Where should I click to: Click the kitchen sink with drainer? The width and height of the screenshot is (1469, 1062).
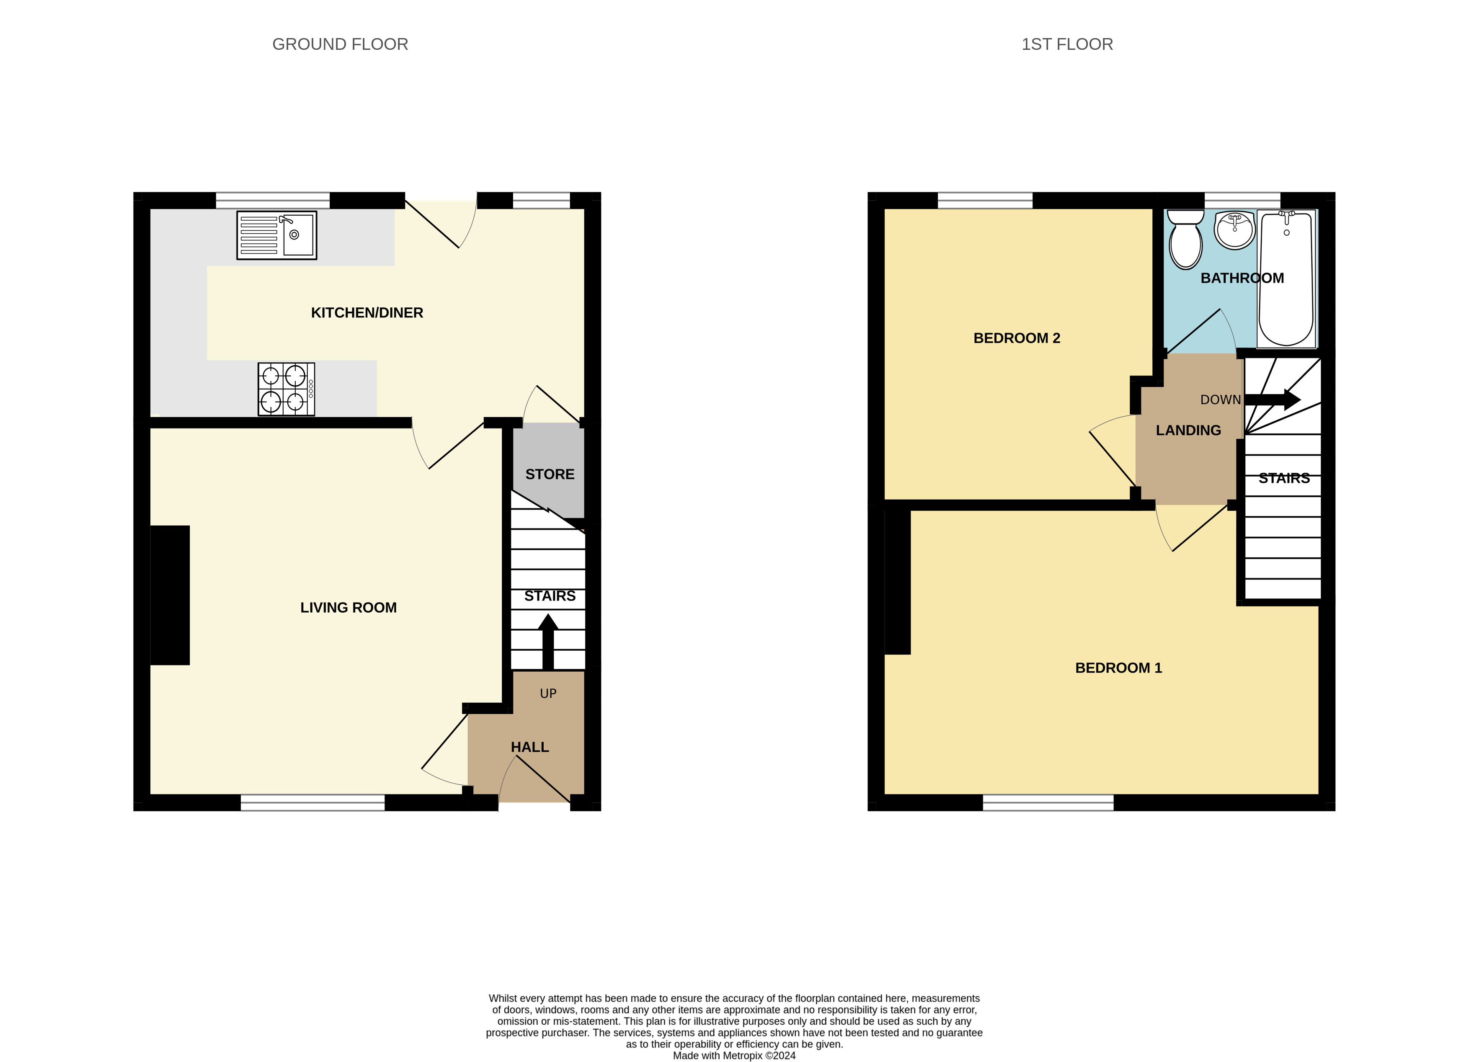click(x=276, y=235)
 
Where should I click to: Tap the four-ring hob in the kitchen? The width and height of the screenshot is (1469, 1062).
click(x=286, y=389)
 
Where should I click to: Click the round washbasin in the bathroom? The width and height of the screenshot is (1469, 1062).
click(x=1234, y=229)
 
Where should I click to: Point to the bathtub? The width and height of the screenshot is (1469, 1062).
click(x=1286, y=278)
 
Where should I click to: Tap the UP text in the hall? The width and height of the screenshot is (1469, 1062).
click(x=548, y=693)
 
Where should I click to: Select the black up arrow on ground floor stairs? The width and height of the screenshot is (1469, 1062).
click(x=548, y=641)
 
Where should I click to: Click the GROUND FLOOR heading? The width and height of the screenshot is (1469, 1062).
click(x=340, y=44)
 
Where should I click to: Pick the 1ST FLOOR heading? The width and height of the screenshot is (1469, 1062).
click(x=1067, y=44)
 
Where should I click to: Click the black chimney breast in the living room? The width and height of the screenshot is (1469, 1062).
click(x=170, y=595)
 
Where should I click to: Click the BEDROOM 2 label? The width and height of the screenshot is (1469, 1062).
click(x=1016, y=338)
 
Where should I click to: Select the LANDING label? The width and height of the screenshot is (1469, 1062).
click(x=1188, y=430)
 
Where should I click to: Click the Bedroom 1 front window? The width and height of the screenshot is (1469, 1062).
click(x=1048, y=802)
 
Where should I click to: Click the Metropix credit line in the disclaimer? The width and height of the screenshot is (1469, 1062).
click(x=734, y=1056)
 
